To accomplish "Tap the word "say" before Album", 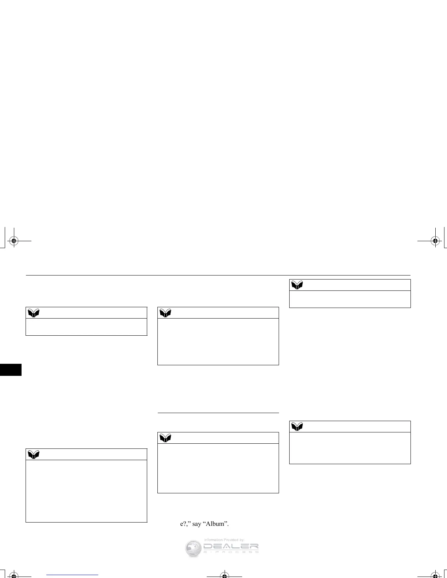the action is click(x=196, y=524).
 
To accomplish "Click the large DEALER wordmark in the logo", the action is click(x=231, y=547).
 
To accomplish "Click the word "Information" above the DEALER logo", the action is click(x=213, y=540).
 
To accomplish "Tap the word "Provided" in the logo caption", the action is click(x=231, y=540).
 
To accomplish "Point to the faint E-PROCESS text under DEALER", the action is click(x=231, y=552).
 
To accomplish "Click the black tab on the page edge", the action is click(x=11, y=369).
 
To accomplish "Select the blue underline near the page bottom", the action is click(x=73, y=575).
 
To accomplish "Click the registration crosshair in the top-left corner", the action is click(x=14, y=240).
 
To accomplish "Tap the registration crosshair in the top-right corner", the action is click(x=435, y=240).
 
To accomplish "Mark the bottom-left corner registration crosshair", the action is click(x=14, y=575).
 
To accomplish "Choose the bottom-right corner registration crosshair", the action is click(x=435, y=575).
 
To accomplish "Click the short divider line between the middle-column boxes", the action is click(x=218, y=413).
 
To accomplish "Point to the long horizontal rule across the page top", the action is click(x=218, y=275).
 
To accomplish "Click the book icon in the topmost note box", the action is click(x=297, y=285).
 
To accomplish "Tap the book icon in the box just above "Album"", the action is click(x=165, y=438).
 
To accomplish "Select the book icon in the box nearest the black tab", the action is click(x=34, y=313).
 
